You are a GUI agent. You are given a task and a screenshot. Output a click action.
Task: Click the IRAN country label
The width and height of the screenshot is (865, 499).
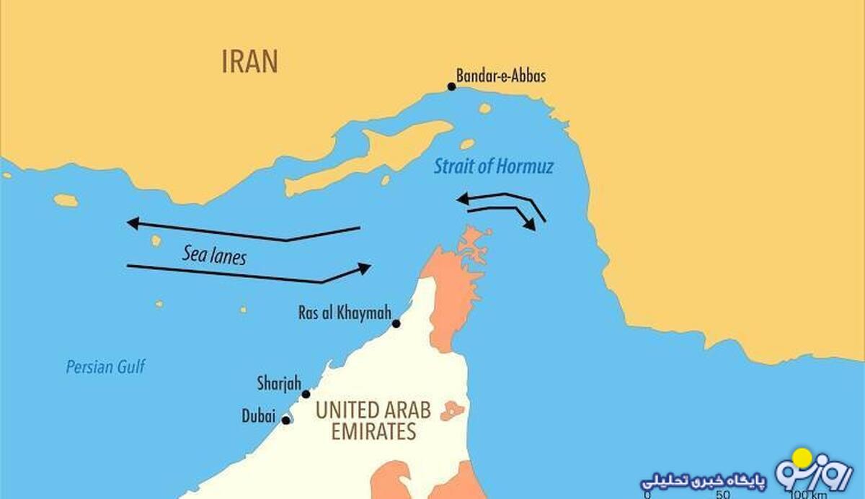[x=249, y=61]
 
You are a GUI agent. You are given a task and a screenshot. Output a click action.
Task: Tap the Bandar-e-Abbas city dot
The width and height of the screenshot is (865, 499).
[x=451, y=86]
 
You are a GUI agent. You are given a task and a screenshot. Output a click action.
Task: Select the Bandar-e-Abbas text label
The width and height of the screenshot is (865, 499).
[x=501, y=75]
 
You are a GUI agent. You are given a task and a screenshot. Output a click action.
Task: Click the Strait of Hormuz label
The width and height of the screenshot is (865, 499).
[x=493, y=167]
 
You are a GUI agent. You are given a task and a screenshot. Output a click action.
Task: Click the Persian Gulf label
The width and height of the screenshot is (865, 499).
[x=105, y=367]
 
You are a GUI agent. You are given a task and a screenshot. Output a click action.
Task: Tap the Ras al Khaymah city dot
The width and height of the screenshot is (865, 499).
[x=396, y=323]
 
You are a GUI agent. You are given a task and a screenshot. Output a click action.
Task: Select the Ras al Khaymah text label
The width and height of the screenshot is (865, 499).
[x=345, y=313]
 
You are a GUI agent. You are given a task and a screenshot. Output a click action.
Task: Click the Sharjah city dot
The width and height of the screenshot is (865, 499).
[x=306, y=394]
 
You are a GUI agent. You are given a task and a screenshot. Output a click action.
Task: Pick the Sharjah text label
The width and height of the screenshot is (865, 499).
[x=278, y=382]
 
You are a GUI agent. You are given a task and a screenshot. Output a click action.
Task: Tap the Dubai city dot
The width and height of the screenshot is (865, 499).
[x=286, y=420]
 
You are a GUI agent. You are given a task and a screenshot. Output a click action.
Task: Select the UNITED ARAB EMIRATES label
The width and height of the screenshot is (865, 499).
[x=373, y=421]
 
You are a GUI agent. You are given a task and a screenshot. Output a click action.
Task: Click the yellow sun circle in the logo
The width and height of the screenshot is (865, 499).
[x=802, y=458]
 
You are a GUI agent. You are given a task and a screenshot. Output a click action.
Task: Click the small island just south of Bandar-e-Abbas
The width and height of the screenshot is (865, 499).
[x=484, y=108]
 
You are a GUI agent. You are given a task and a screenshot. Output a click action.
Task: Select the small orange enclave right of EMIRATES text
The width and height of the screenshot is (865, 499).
[x=452, y=410]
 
